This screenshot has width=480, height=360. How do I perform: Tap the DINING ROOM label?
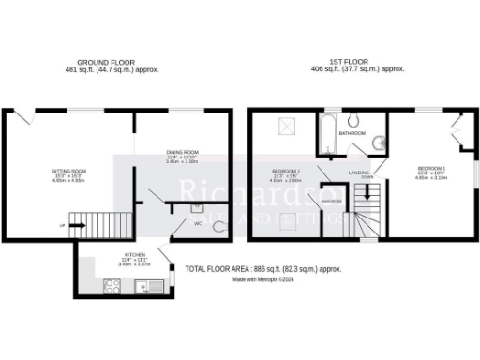[182, 152]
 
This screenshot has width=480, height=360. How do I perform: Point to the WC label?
[198, 223]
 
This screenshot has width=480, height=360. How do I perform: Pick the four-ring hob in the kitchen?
[113, 288]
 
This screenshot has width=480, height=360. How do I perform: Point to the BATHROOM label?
[352, 134]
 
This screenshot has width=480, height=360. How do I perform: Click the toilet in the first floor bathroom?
[353, 119]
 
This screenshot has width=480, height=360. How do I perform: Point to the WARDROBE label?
[330, 200]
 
